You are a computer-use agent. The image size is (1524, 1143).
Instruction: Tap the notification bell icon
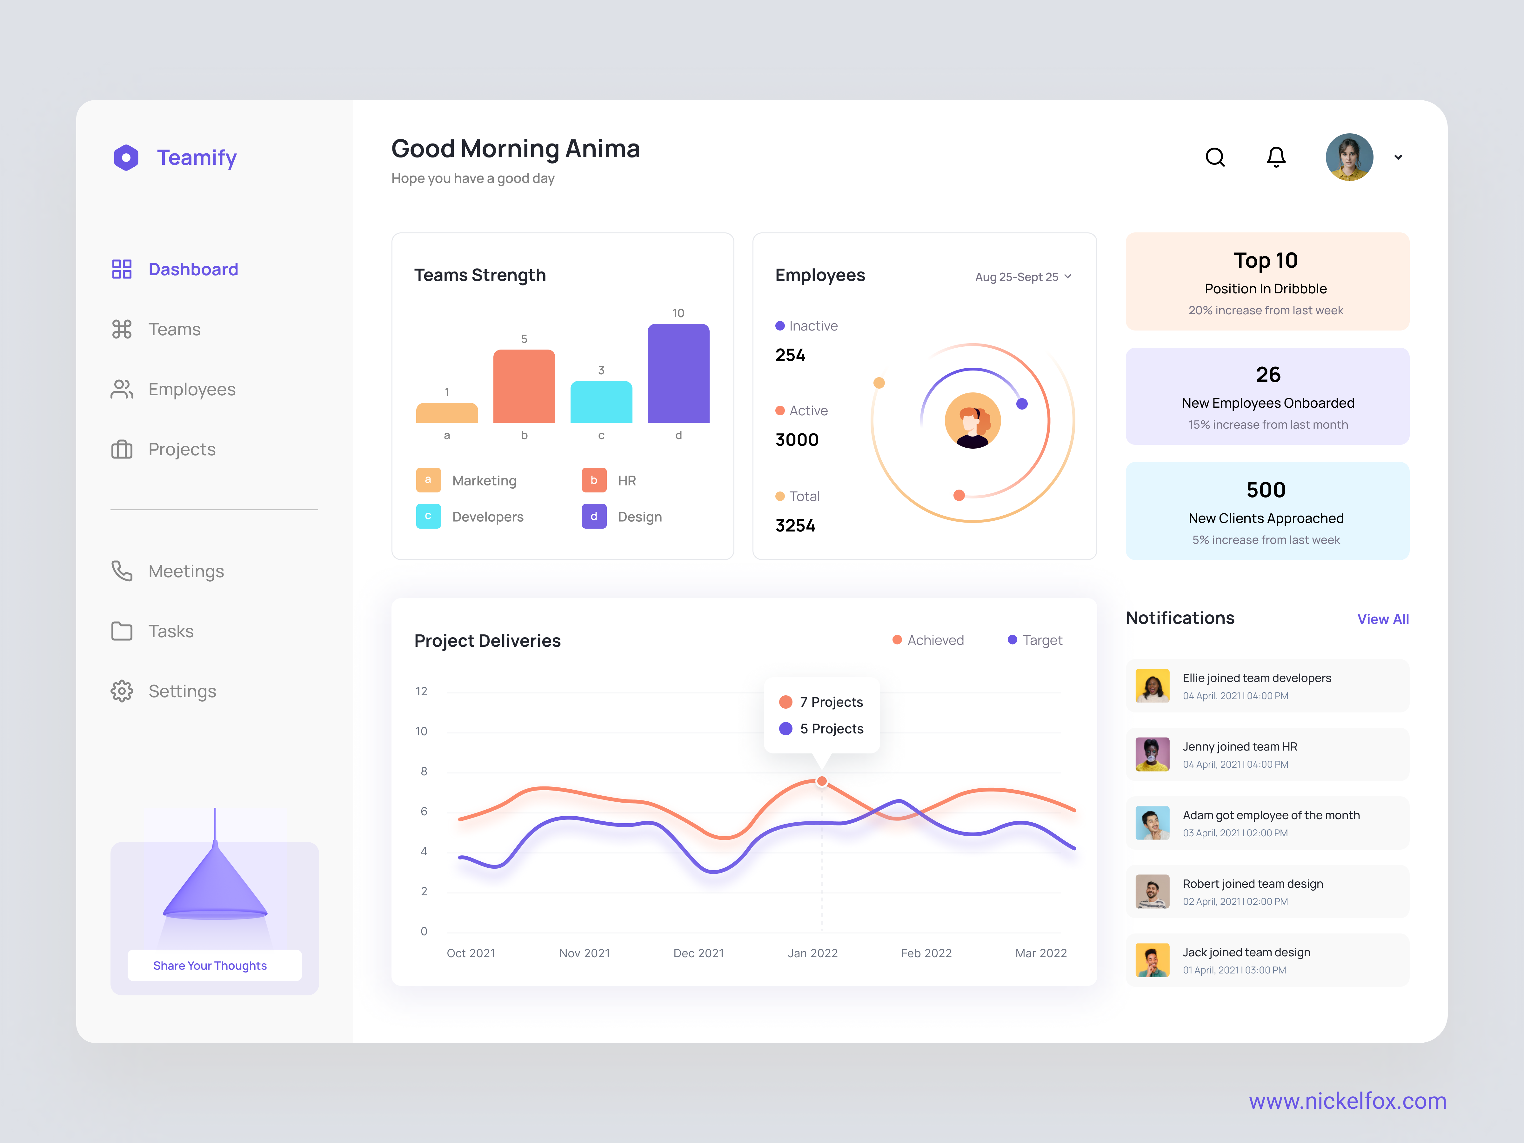click(x=1276, y=157)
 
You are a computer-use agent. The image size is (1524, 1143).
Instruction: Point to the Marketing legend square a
click(x=428, y=480)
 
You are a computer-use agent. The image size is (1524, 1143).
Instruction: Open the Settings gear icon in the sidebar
click(x=122, y=691)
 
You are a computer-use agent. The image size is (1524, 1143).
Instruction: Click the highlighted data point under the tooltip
click(x=822, y=781)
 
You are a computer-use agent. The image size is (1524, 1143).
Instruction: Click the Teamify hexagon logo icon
click(x=126, y=158)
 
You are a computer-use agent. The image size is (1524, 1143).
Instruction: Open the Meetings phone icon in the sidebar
click(x=122, y=571)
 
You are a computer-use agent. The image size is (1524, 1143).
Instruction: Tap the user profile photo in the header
click(x=1349, y=157)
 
